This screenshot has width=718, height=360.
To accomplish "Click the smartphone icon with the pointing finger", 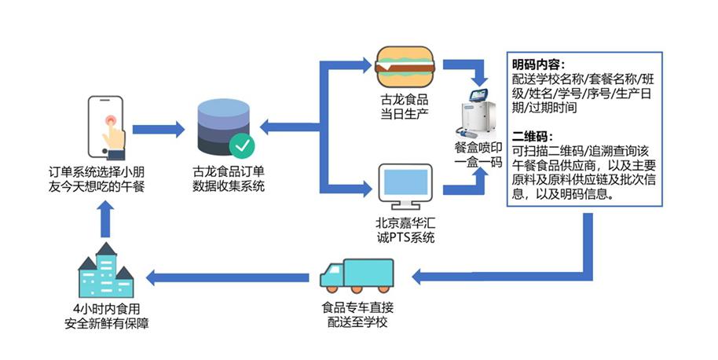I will [x=109, y=125].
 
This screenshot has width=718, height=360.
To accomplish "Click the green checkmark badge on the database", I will [x=240, y=145].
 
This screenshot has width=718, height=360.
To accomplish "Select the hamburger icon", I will [x=405, y=67].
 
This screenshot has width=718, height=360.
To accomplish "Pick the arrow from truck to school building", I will [x=228, y=277].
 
